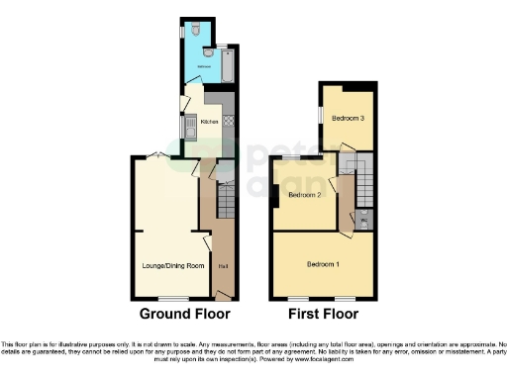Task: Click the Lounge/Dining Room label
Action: coord(168,265)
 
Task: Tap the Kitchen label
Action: coord(210,123)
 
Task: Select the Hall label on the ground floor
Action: coord(224,265)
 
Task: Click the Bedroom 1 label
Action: coord(323,264)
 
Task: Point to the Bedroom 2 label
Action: coord(302,195)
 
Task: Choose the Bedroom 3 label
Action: coord(346,119)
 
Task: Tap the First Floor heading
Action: coord(322,314)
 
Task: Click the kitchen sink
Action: coord(185,127)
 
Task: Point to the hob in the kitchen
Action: coord(228,121)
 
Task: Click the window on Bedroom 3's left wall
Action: coord(319,115)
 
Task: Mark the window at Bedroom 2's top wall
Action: coord(293,158)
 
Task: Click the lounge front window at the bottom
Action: coord(174,298)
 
